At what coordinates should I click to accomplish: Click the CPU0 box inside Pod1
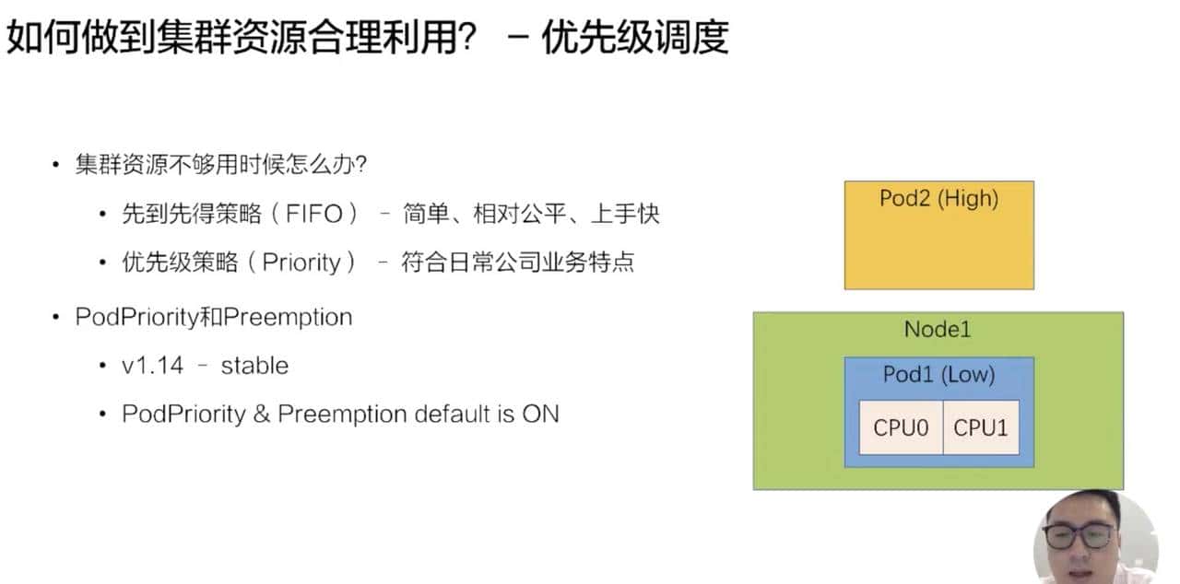point(901,427)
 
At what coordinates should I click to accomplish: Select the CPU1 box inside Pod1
point(981,427)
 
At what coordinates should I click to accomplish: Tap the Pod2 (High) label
point(938,198)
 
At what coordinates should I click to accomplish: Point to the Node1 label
point(938,329)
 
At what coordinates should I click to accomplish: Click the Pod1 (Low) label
point(938,374)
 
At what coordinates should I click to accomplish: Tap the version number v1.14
point(152,366)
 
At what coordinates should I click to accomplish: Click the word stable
point(254,366)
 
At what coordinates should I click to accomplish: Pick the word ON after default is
point(540,414)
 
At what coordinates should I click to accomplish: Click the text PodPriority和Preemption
point(214,318)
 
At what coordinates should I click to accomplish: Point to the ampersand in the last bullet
point(261,414)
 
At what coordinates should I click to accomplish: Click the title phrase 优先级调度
point(635,37)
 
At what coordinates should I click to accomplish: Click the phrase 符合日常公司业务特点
point(518,263)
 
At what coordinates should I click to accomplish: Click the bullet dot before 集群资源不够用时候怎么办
point(56,166)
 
